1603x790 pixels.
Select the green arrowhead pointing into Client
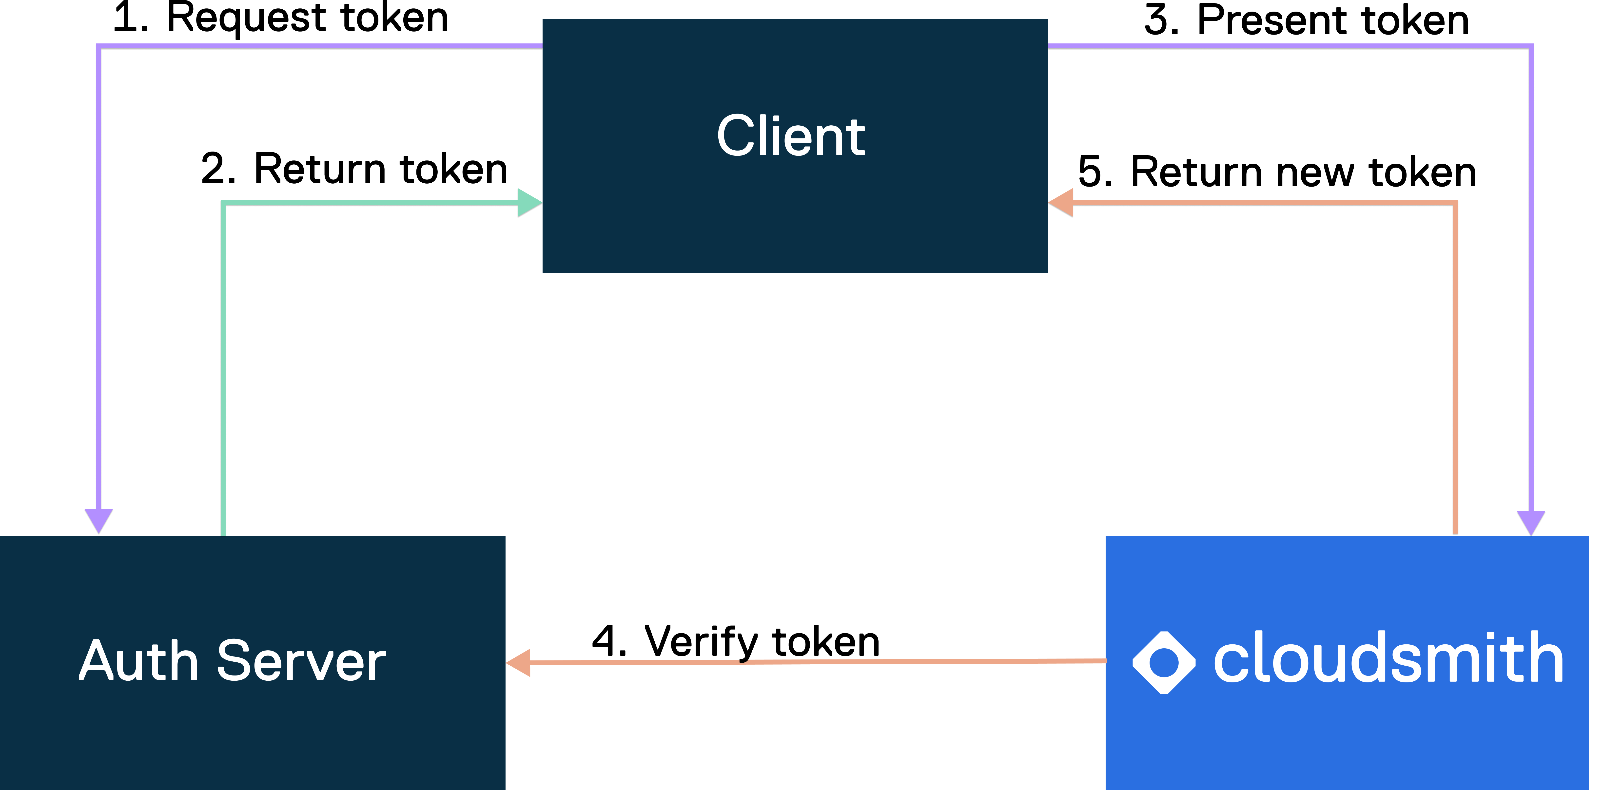(529, 202)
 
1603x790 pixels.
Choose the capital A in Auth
(99, 661)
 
